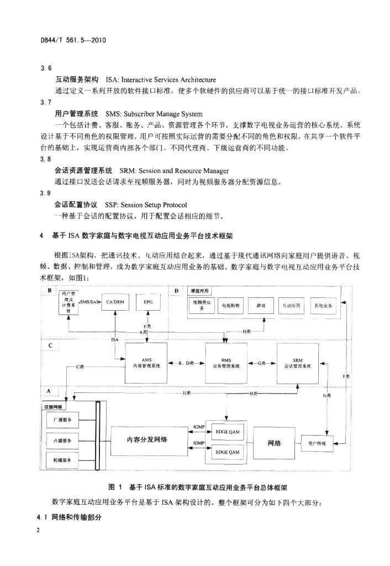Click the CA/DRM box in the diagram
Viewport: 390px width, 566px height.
coord(113,303)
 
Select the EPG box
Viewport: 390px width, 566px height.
coord(148,303)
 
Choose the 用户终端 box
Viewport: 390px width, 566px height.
coord(317,443)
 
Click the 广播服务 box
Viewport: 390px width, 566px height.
coord(62,421)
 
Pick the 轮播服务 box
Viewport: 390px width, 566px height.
coord(62,460)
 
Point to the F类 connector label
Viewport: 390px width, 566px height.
coord(346,376)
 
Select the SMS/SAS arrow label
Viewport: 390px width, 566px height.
coord(89,302)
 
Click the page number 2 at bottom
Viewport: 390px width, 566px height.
coord(38,531)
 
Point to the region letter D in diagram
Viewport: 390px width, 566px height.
coord(176,290)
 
